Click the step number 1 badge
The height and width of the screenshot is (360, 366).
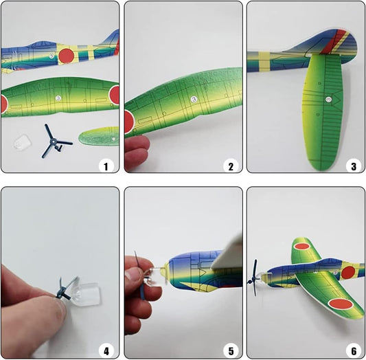pyautogui.click(x=106, y=166)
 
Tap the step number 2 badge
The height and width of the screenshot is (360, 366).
pyautogui.click(x=231, y=166)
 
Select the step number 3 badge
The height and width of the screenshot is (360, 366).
pyautogui.click(x=354, y=166)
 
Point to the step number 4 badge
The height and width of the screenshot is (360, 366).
pyautogui.click(x=106, y=351)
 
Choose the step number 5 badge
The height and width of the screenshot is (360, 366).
pyautogui.click(x=231, y=351)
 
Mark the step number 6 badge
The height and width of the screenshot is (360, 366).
pyautogui.click(x=354, y=351)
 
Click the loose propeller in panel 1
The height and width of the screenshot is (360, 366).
pyautogui.click(x=54, y=142)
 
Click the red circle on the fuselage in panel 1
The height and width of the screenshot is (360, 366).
pyautogui.click(x=67, y=56)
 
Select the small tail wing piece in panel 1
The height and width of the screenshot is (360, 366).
pyautogui.click(x=99, y=136)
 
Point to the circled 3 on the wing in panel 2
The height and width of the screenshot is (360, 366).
pyautogui.click(x=194, y=99)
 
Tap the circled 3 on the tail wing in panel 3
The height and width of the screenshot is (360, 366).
pyautogui.click(x=329, y=100)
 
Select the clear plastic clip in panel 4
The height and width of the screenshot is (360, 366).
pyautogui.click(x=86, y=294)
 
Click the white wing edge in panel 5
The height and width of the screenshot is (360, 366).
pyautogui.click(x=227, y=254)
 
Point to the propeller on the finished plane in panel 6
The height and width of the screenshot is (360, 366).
pyautogui.click(x=253, y=278)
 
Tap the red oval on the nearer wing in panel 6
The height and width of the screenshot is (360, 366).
pyautogui.click(x=341, y=304)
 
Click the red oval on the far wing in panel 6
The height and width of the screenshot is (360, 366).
pyautogui.click(x=302, y=246)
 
